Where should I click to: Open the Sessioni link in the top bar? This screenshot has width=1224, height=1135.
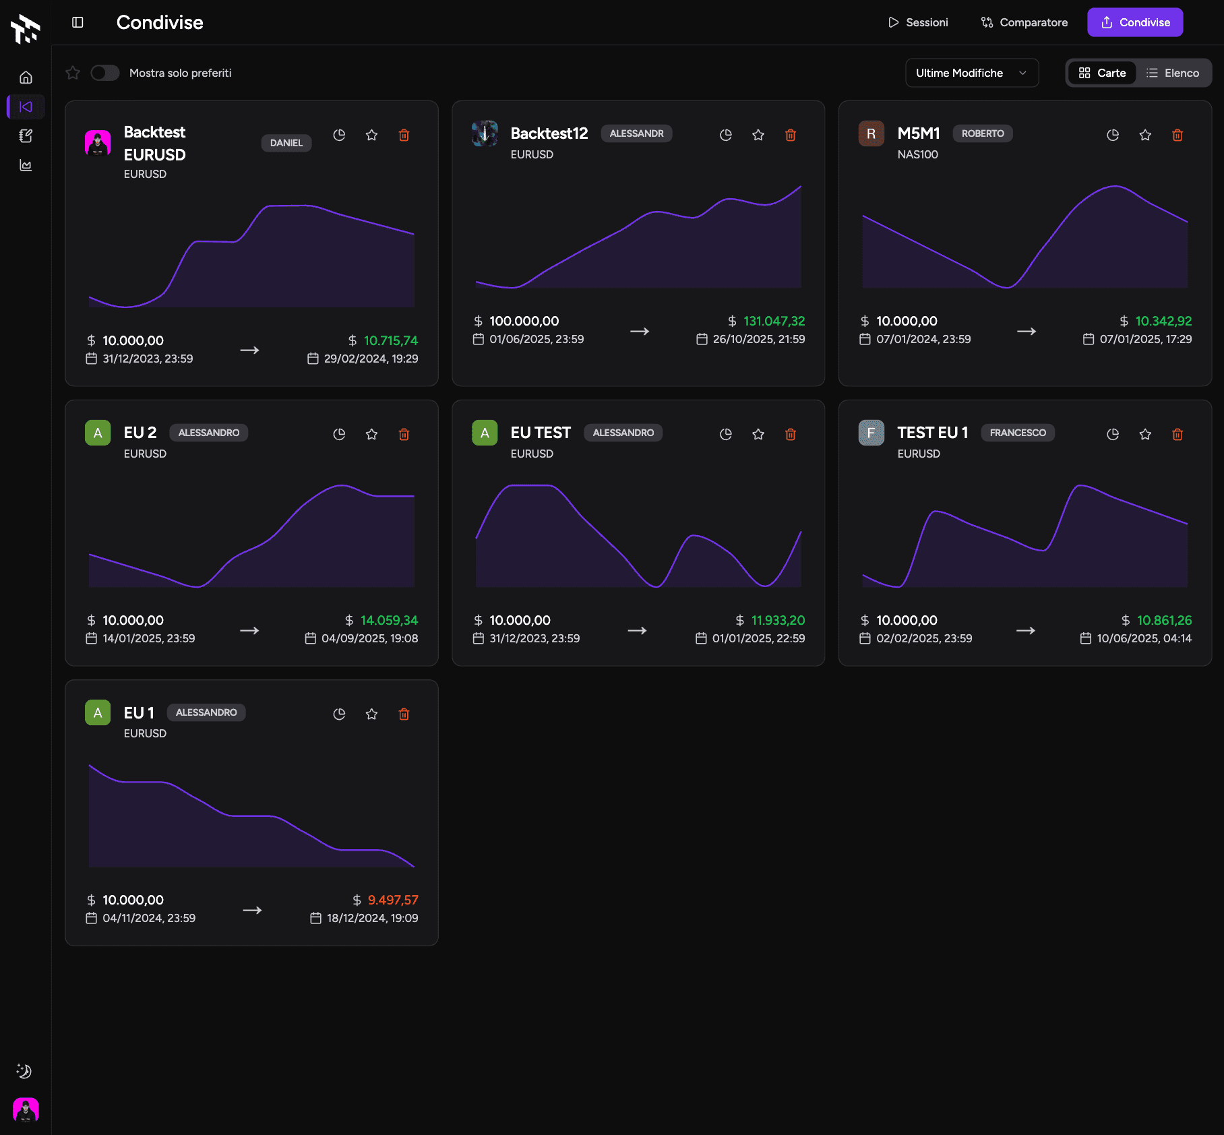pos(918,22)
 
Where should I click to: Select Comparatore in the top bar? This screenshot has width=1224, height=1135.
pos(1024,22)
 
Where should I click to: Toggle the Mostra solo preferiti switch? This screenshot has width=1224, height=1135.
pos(105,73)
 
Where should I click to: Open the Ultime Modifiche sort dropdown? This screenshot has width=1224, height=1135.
pos(971,73)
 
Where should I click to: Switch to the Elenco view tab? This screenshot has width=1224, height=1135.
pos(1173,73)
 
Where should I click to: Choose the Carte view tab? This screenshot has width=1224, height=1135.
pos(1102,73)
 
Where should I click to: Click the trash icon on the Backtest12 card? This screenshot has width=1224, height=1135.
pos(791,135)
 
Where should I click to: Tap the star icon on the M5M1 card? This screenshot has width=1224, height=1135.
pos(1145,135)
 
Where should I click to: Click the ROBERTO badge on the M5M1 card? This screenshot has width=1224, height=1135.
pos(982,133)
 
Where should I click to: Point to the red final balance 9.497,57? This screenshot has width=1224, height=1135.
pos(393,900)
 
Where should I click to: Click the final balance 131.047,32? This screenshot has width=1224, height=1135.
pos(774,321)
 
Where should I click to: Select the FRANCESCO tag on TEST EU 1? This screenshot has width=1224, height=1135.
pos(1018,433)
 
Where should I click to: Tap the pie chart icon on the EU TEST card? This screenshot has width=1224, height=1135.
pos(726,435)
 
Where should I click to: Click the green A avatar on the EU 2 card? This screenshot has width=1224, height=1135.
pos(98,433)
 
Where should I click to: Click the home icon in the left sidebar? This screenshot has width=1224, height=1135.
pos(26,78)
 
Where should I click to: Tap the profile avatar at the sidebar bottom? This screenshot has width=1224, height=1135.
pos(26,1109)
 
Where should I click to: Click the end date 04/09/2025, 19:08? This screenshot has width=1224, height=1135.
pos(369,638)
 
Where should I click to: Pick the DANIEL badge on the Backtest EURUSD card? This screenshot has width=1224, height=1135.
pos(286,143)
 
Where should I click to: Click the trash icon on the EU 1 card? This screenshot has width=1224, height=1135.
pos(404,714)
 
